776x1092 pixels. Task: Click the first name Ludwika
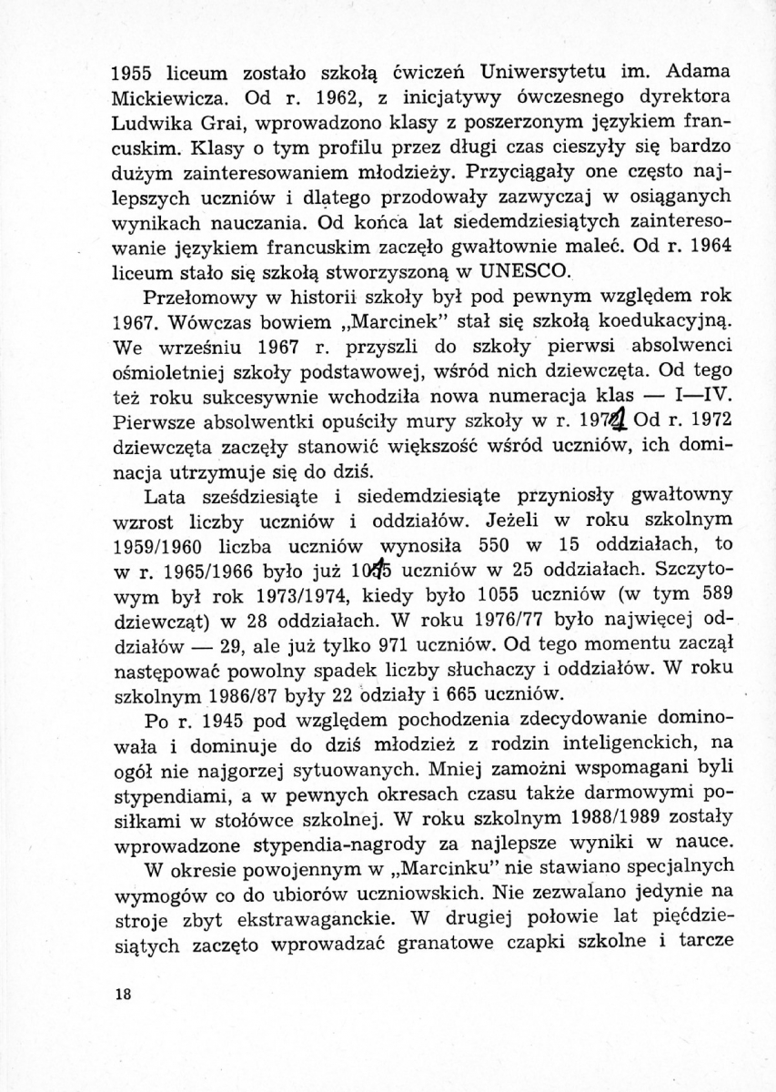pos(150,119)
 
